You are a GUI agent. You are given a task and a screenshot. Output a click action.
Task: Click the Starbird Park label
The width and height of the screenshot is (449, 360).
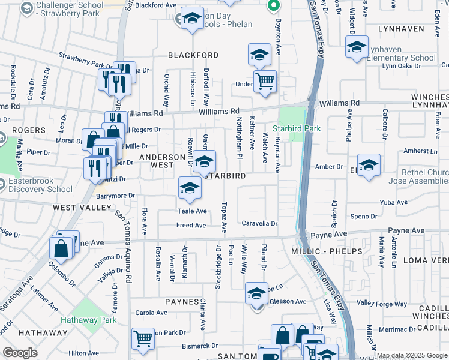click(x=297, y=128)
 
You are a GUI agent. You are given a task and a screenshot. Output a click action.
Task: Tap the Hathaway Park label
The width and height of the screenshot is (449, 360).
click(x=92, y=320)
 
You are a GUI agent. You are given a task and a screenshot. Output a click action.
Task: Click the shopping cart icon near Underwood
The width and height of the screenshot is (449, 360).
click(x=265, y=81)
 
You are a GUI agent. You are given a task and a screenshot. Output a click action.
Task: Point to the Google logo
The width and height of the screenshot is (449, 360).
click(x=20, y=353)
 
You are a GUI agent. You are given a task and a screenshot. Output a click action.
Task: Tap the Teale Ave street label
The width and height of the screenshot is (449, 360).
click(x=191, y=211)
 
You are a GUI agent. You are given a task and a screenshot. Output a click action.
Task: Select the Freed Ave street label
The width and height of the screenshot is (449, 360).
click(x=191, y=226)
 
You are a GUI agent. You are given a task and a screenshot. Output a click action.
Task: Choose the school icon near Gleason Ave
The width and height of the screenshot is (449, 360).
click(x=256, y=295)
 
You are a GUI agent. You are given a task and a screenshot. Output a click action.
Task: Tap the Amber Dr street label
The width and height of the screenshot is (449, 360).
click(x=330, y=167)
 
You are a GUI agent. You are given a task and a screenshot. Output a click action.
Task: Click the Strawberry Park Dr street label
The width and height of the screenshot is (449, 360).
click(x=86, y=62)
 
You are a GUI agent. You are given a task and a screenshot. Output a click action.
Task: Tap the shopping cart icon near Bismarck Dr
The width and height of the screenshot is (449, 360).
click(x=142, y=340)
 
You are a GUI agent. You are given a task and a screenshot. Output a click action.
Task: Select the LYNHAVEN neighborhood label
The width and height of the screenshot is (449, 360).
click(x=401, y=28)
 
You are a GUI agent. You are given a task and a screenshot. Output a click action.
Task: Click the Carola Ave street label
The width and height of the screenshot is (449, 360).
click(x=151, y=313)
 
